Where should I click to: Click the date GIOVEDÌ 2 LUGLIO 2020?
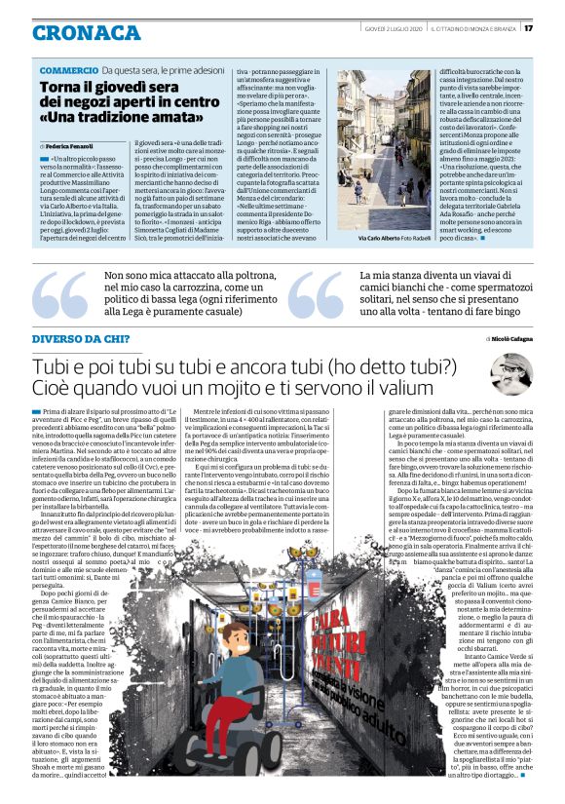coord(386,27)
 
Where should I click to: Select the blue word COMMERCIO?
coord(68,71)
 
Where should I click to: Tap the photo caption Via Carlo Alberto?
coord(376,238)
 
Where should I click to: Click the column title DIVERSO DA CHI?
coord(79,337)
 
